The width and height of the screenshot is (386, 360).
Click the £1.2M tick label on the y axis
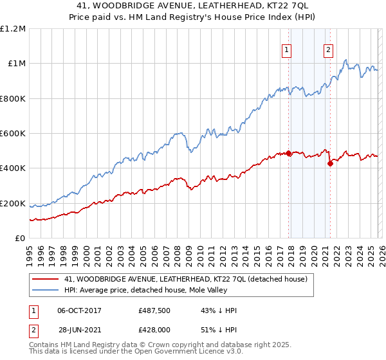pos(13,29)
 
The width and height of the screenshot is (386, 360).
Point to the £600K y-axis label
pos(13,134)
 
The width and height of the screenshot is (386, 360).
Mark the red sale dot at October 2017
pos(288,153)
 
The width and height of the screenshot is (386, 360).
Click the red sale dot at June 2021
pos(330,163)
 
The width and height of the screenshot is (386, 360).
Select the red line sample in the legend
pos(46,280)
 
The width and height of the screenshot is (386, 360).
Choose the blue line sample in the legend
pos(46,290)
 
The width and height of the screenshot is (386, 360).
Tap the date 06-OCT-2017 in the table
pos(80,310)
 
